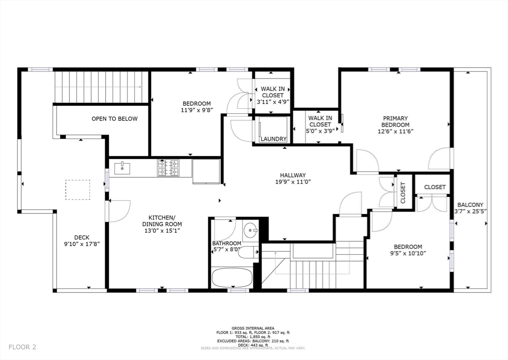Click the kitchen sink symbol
(122, 168)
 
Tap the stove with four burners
(168, 168)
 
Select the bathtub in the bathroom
(232, 277)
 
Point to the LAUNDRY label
(273, 139)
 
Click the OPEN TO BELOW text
(114, 119)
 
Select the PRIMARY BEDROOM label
(395, 122)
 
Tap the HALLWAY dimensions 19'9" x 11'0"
(292, 182)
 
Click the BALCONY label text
(470, 205)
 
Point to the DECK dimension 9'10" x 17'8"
(81, 244)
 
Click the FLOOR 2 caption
(22, 347)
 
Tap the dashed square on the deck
(78, 190)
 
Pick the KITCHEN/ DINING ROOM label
(162, 221)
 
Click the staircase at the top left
(101, 87)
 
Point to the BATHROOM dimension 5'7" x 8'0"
(227, 250)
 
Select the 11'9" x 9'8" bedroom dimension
(196, 111)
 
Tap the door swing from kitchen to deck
(119, 211)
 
